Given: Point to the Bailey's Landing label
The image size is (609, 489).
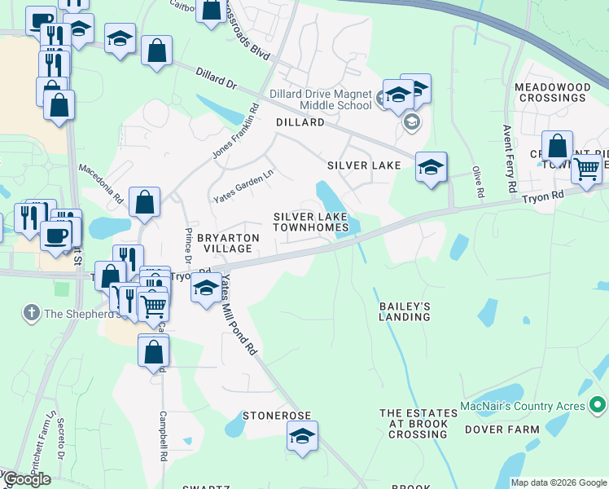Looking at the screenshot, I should (404, 311).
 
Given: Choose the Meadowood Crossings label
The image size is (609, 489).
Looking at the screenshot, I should (550, 92).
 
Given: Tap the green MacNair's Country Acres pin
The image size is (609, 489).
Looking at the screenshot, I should (597, 404).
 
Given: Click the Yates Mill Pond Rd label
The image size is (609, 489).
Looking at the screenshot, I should (239, 324).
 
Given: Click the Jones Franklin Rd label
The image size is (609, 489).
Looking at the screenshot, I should (235, 130).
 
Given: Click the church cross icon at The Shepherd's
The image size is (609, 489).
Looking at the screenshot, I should (31, 312).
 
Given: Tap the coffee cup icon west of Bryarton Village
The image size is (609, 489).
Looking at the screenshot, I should (55, 236).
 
